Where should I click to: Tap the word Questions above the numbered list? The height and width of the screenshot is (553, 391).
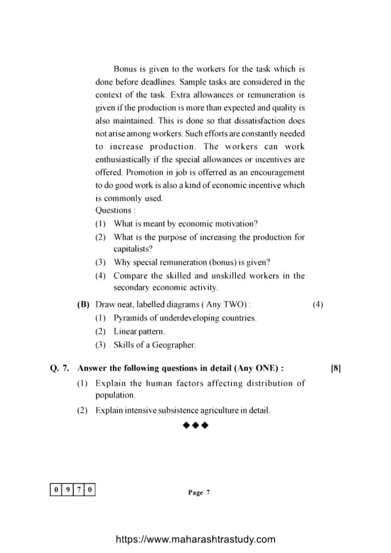point(114,211)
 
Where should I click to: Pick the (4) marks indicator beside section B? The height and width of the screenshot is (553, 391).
point(318,305)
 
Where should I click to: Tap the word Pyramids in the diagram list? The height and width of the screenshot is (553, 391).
point(131,318)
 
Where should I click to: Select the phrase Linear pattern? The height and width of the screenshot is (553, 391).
point(139,332)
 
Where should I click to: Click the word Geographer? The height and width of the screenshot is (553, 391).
point(173,345)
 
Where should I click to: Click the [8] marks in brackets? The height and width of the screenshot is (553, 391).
point(336,369)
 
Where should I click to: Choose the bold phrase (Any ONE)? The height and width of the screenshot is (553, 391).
point(259,369)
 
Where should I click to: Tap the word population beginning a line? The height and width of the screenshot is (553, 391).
point(115,395)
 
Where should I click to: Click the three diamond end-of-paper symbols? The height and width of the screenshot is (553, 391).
point(196,426)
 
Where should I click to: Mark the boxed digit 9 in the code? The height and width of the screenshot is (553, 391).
point(68,489)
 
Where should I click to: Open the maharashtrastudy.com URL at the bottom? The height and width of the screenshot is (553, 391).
point(196,539)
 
